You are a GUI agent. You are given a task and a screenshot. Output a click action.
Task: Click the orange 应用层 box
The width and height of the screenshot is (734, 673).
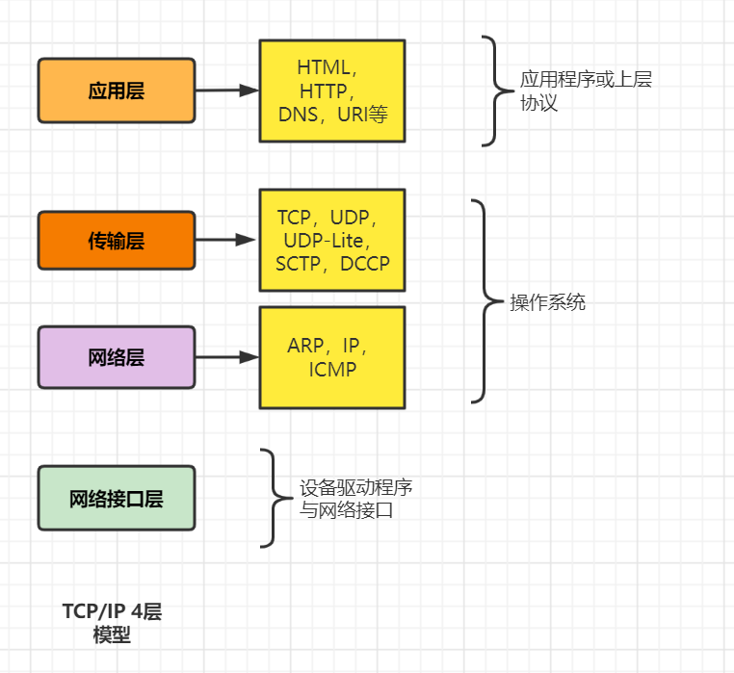point(117,91)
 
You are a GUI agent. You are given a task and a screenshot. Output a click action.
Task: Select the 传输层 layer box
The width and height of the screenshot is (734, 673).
point(117,240)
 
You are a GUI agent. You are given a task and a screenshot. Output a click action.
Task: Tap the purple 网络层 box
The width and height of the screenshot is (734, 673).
point(117,357)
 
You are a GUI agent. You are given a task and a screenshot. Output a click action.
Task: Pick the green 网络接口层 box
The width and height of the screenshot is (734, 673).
point(117,499)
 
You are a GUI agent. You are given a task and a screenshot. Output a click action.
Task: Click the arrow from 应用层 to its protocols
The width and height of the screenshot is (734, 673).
point(227,91)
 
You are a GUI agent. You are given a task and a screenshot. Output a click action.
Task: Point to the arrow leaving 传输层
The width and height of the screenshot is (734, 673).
point(227,240)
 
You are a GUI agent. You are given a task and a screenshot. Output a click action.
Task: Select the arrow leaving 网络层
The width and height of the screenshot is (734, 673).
point(227,357)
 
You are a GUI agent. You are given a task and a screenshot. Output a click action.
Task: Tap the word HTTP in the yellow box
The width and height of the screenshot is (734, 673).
point(327,91)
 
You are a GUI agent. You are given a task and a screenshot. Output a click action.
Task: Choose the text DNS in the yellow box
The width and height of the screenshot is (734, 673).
point(299,115)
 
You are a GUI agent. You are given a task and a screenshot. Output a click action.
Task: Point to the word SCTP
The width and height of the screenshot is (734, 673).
point(298,263)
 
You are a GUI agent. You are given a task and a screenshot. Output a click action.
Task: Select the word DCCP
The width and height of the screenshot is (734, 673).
point(365,263)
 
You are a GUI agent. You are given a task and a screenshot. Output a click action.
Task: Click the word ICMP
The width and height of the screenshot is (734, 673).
point(333,369)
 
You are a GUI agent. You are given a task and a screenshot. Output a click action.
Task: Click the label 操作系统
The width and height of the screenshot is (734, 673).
point(547,302)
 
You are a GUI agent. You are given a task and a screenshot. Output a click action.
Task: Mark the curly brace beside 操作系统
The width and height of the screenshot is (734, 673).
point(483,301)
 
